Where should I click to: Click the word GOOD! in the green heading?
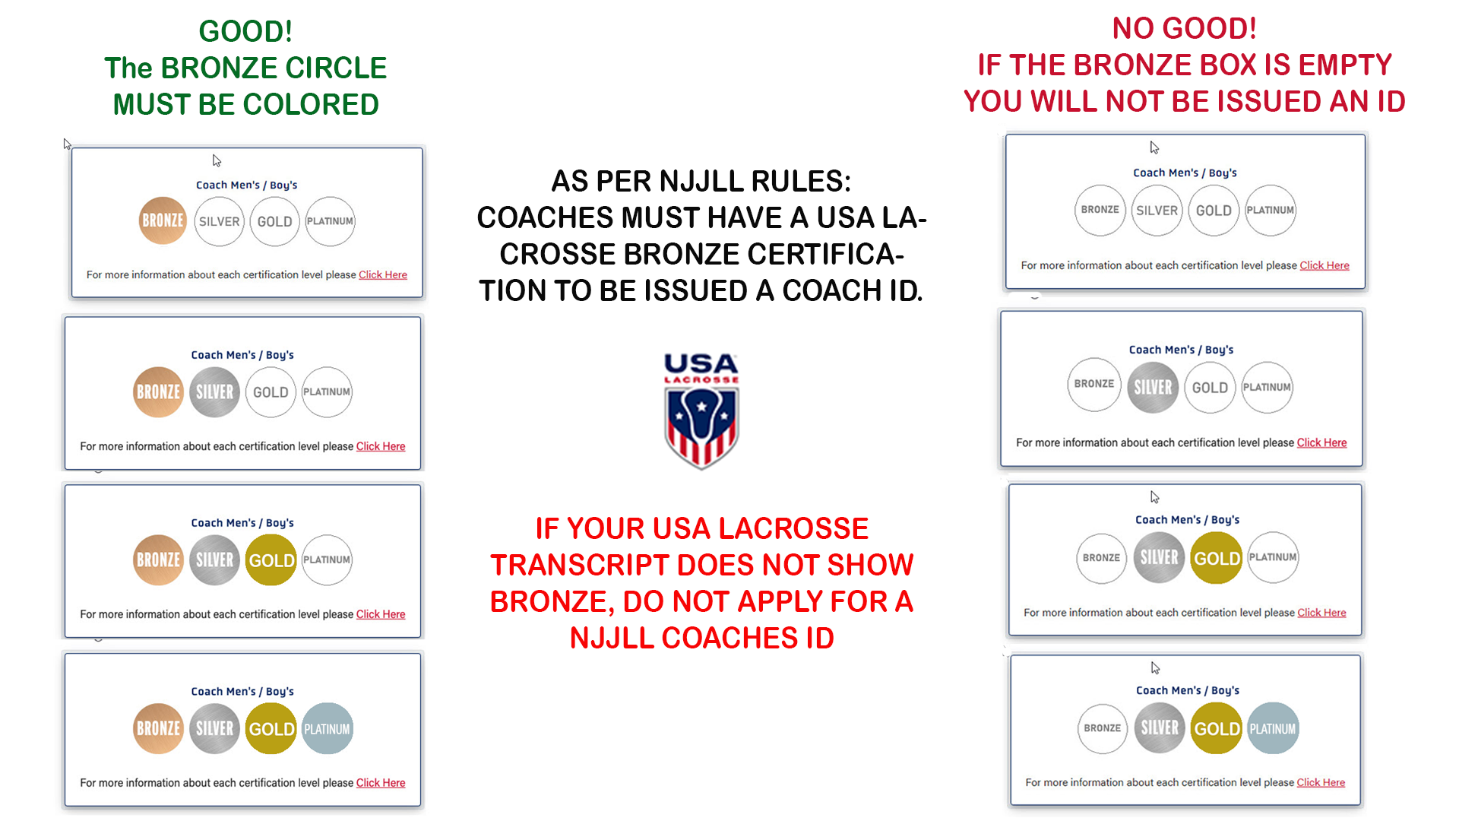245,32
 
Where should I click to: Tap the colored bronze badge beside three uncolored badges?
163,221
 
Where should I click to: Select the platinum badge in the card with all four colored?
328,729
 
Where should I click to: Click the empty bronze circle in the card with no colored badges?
1100,210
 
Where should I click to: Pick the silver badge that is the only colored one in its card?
1153,388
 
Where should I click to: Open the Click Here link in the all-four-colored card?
381,783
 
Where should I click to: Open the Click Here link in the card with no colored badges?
1324,265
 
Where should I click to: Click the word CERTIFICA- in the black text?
764,255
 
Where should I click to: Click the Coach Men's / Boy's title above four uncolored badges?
1185,173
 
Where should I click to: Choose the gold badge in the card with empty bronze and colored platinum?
1217,729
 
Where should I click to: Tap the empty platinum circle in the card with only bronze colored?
330,221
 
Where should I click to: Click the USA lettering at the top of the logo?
701,363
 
